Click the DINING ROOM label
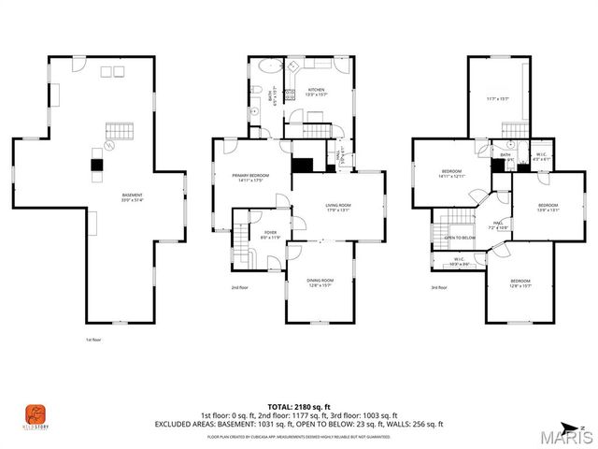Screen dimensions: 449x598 [320, 282]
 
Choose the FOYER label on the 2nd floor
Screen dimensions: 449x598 [271, 232]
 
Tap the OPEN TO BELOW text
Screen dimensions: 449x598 [460, 238]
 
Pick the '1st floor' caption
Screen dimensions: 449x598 [92, 340]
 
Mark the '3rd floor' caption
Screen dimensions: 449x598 [439, 287]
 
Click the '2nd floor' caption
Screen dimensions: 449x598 [240, 287]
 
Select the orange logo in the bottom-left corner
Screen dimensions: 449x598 [34, 413]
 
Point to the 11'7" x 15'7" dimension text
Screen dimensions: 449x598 [497, 98]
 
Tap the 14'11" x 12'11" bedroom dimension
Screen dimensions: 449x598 [452, 176]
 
